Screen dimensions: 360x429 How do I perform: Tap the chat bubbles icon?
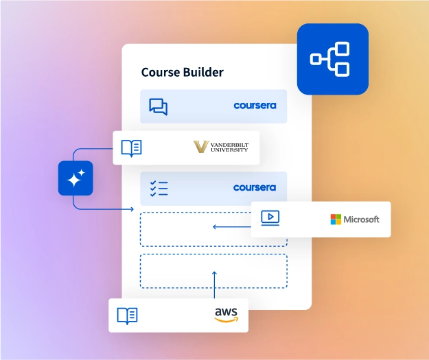coord(159,106)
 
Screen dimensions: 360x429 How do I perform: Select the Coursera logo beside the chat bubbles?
coord(255,106)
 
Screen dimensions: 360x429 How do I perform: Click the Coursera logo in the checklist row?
coord(255,188)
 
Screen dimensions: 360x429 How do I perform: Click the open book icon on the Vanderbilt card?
coord(131,147)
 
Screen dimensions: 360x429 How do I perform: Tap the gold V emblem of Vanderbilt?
coord(201,147)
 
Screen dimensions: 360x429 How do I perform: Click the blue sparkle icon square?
coord(76,178)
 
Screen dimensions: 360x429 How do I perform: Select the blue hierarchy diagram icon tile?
coord(332,59)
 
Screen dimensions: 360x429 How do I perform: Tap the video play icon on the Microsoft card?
coord(270,219)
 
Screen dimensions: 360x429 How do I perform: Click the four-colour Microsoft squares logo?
coord(336,219)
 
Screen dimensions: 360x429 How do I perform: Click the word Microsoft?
coord(361,219)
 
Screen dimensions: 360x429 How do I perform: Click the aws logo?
coord(226,315)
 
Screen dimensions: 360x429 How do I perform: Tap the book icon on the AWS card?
coord(127,315)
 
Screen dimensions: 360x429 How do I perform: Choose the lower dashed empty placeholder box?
coord(213,271)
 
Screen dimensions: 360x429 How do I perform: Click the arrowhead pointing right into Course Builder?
coord(131,208)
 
